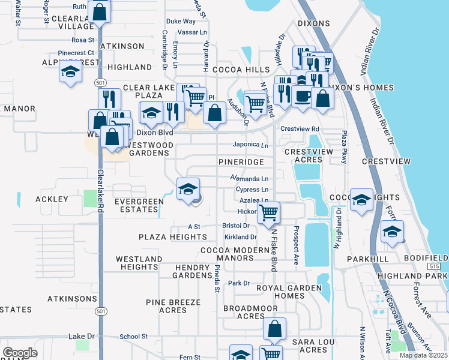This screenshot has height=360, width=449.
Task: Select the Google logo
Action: [x=20, y=352]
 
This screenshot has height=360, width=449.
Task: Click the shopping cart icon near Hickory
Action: [x=268, y=212]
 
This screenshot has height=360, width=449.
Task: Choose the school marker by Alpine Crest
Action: [x=70, y=73]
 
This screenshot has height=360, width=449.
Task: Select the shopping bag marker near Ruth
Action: [x=100, y=11]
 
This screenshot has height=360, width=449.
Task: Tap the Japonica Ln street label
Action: [x=250, y=145]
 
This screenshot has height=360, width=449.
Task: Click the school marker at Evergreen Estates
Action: [x=188, y=189]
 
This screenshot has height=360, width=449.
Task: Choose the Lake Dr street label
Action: [x=82, y=336]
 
